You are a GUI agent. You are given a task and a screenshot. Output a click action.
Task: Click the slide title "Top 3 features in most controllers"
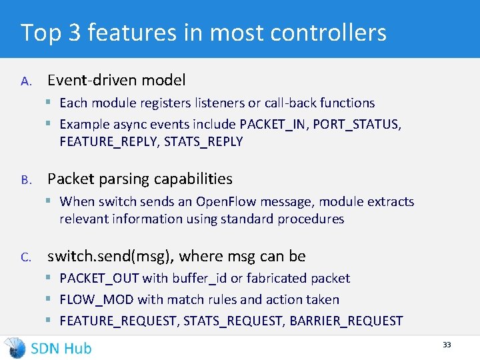coord(203,32)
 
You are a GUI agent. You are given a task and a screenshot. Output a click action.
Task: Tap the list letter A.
coord(25,81)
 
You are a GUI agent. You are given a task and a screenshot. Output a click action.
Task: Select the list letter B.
coord(25,180)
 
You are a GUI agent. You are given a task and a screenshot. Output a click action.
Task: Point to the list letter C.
coord(25,257)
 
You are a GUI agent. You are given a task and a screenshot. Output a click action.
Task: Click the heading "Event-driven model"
coord(116,81)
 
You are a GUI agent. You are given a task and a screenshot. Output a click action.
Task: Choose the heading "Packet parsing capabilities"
coord(139,179)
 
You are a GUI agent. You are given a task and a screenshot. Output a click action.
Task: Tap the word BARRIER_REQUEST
coord(346,321)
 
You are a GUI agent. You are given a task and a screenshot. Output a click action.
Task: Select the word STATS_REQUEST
coord(234,321)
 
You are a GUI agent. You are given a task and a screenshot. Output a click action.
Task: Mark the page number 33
coord(447,345)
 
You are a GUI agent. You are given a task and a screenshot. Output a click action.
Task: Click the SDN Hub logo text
coord(61,348)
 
